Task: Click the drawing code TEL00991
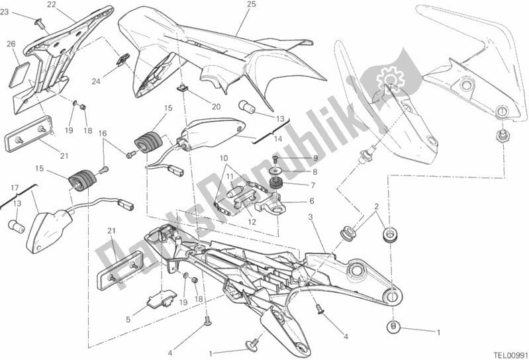click(510, 355)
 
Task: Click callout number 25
click(252, 5)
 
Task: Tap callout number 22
click(51, 5)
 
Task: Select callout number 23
click(5, 13)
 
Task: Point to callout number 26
click(11, 44)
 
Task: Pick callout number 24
click(96, 81)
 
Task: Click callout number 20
click(216, 107)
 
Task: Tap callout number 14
click(277, 138)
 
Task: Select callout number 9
click(315, 157)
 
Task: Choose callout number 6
click(311, 201)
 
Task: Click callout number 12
click(252, 222)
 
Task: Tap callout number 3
click(311, 218)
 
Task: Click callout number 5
click(128, 319)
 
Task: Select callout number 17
click(15, 188)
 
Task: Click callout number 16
click(102, 134)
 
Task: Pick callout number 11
click(230, 176)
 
